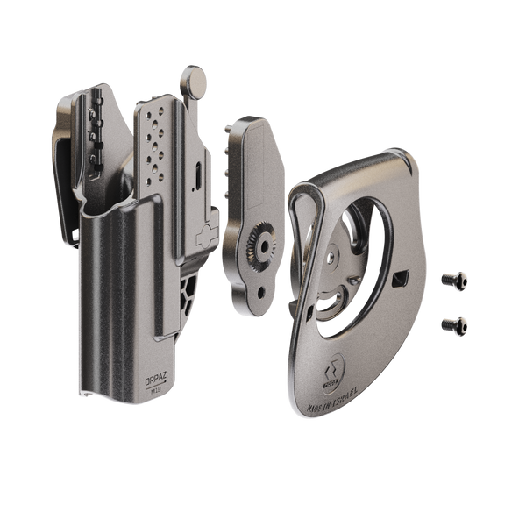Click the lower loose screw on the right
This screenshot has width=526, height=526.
pyautogui.click(x=454, y=323)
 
